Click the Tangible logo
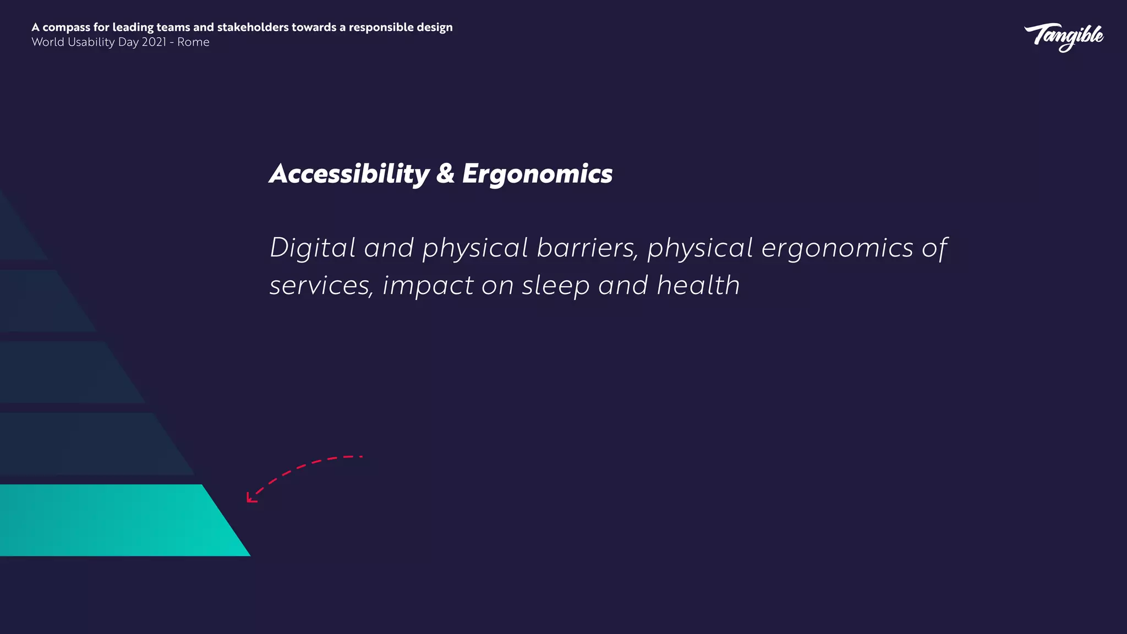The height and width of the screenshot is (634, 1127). coord(1063,37)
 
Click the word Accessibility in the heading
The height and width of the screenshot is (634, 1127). coord(349,174)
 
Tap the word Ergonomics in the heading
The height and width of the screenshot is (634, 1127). coord(537,174)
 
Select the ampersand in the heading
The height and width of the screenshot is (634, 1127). coord(445,174)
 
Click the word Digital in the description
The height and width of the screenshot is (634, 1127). coord(313,248)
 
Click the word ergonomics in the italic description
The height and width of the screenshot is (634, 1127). coord(837,249)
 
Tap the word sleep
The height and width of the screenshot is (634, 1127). coord(556,286)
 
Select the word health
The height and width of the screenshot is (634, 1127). coord(698,285)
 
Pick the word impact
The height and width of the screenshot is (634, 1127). coord(428,286)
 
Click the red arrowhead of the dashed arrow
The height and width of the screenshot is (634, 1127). coord(250,499)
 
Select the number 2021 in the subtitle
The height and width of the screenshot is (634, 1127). coord(154,42)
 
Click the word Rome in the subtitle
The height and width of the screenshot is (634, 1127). coord(193,42)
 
